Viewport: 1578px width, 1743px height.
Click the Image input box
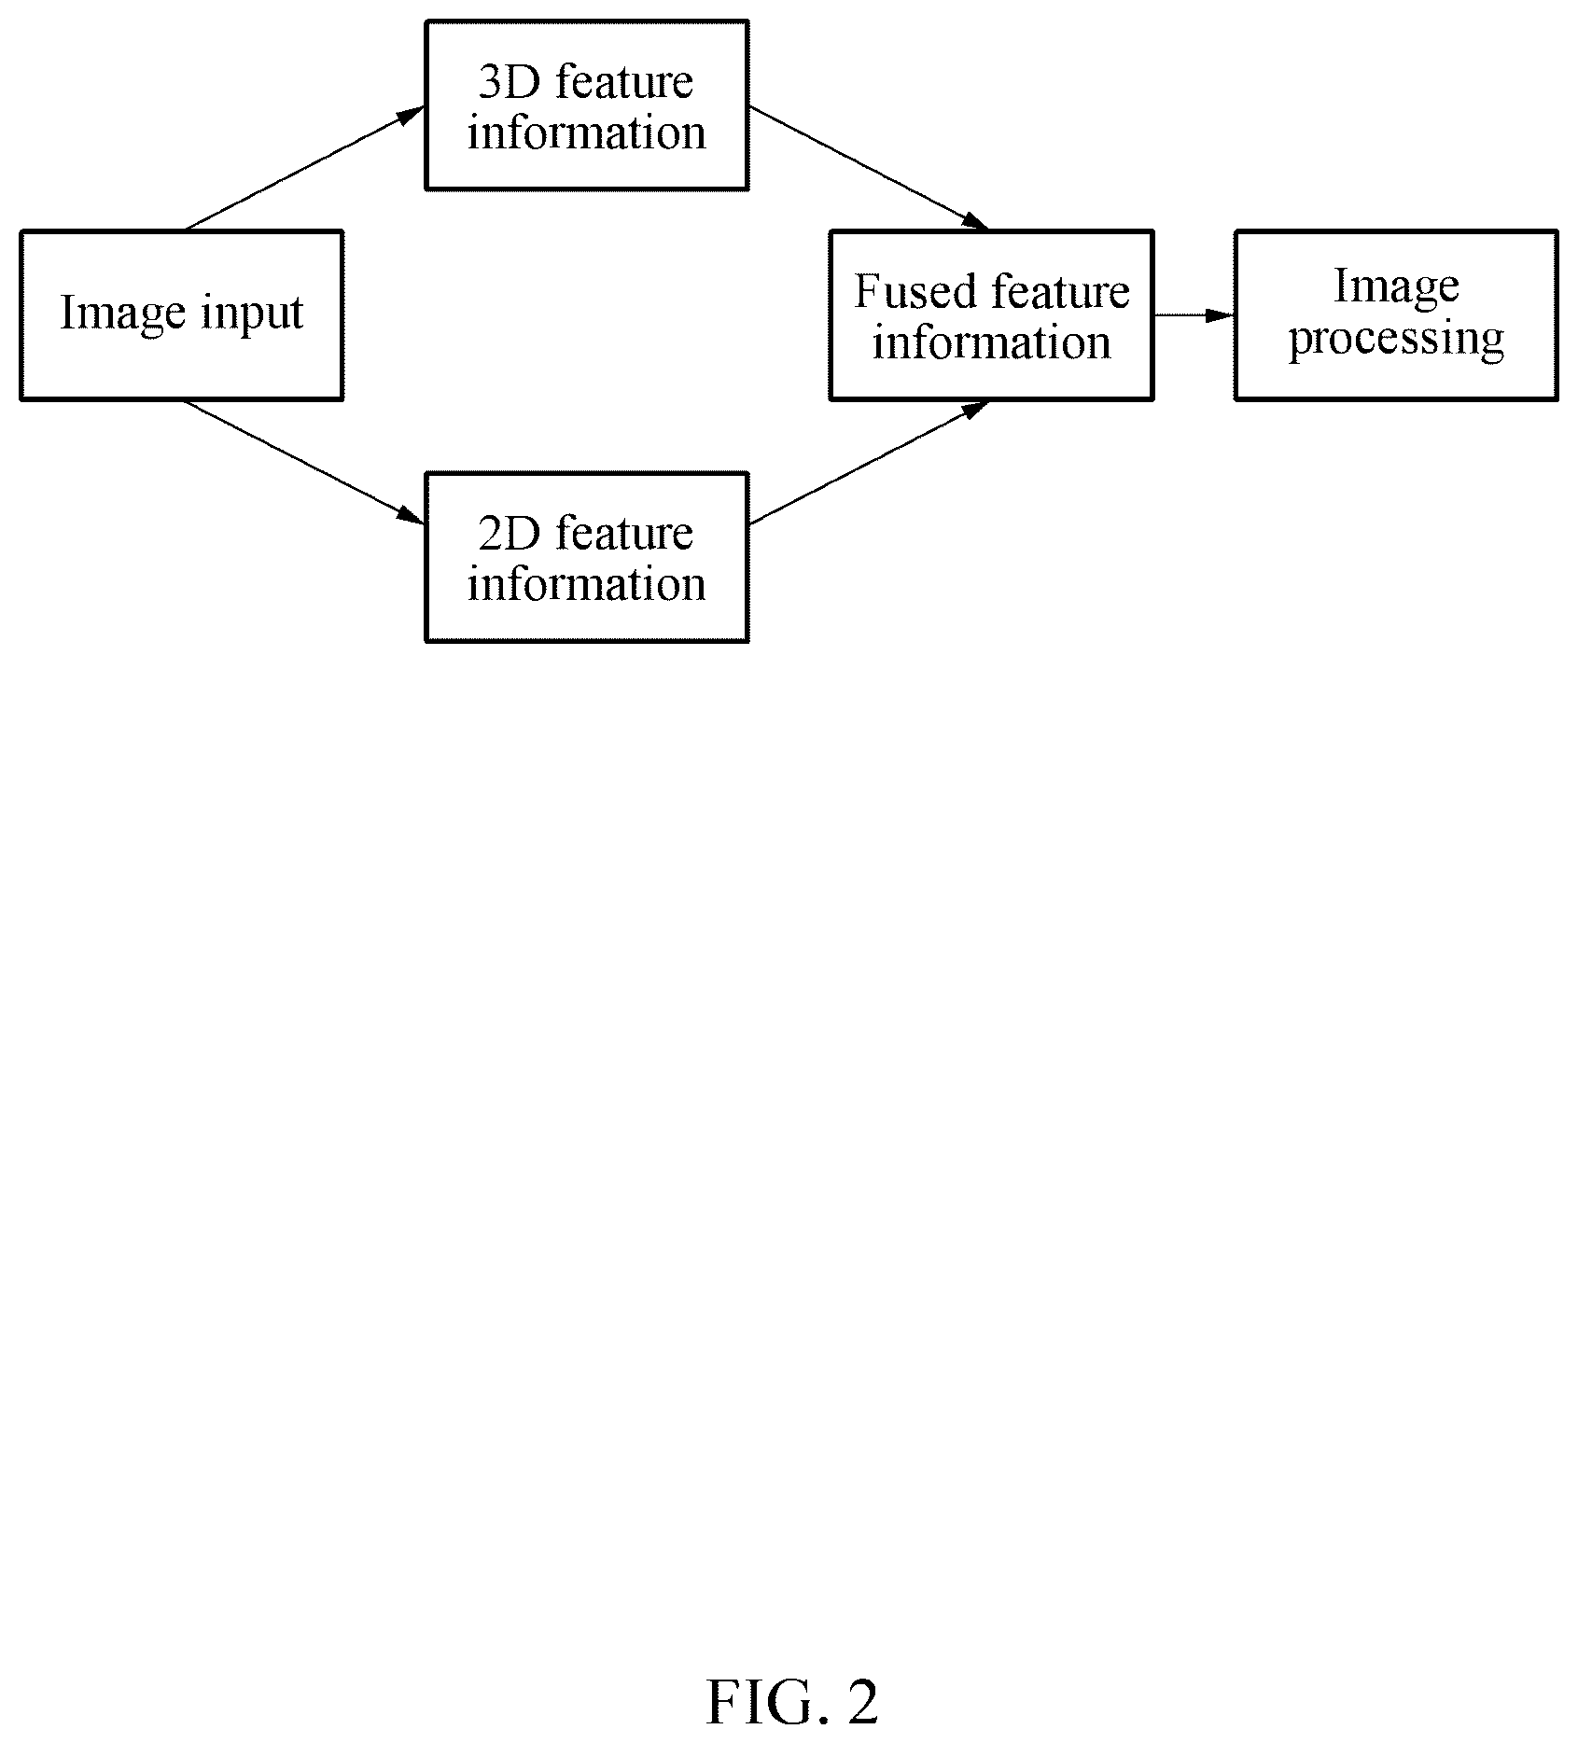click(x=182, y=315)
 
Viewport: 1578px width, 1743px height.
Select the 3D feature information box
click(x=587, y=105)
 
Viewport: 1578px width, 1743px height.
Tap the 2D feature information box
click(x=587, y=557)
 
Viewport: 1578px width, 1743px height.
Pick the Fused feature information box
click(x=992, y=315)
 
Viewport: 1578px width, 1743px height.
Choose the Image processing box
click(x=1397, y=315)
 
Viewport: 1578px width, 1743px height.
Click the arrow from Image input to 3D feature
click(x=305, y=168)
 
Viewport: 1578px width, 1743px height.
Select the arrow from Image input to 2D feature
click(x=305, y=461)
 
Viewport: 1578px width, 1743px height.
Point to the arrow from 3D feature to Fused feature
click(x=869, y=168)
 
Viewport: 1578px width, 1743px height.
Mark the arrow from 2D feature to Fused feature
click(x=869, y=462)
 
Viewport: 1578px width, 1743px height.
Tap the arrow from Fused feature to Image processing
click(x=1194, y=315)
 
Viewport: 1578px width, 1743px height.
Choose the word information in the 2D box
click(x=587, y=584)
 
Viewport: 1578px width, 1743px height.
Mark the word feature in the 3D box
click(x=624, y=82)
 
